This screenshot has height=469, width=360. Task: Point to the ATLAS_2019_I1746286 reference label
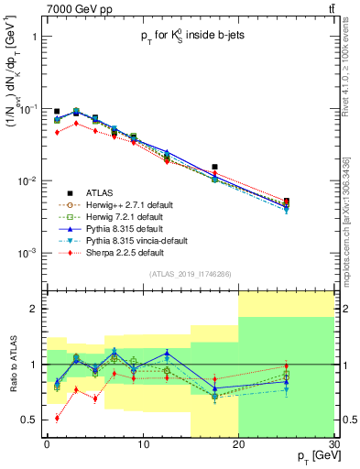pyautogui.click(x=191, y=274)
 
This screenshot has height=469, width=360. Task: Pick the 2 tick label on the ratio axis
pyautogui.click(x=38, y=310)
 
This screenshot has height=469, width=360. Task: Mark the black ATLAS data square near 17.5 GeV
pyautogui.click(x=214, y=168)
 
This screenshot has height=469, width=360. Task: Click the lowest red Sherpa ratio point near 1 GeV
pyautogui.click(x=57, y=418)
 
